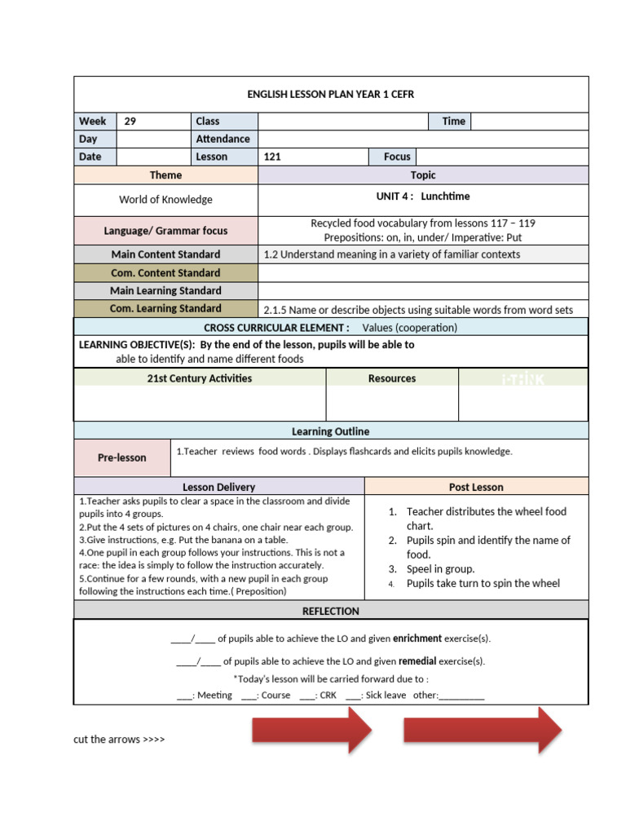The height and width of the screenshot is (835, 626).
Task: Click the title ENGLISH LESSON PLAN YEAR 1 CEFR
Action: pyautogui.click(x=330, y=95)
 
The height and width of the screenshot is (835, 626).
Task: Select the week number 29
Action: pyautogui.click(x=130, y=121)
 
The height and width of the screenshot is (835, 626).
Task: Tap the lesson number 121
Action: pyautogui.click(x=273, y=157)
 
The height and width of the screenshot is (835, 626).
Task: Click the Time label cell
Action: pyautogui.click(x=453, y=121)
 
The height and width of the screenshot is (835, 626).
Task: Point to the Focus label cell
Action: pyautogui.click(x=397, y=157)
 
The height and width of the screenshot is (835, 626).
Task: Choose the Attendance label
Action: pyautogui.click(x=223, y=139)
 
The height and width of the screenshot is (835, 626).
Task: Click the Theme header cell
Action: pyautogui.click(x=165, y=175)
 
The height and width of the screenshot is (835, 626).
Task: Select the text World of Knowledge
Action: pyautogui.click(x=165, y=200)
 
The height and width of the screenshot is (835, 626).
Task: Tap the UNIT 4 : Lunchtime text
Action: pyautogui.click(x=422, y=197)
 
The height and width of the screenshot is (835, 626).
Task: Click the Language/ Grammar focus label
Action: pyautogui.click(x=165, y=231)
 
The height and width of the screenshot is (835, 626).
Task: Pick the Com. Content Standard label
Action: pyautogui.click(x=165, y=273)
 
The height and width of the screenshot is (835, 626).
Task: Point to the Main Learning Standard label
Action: pyautogui.click(x=165, y=291)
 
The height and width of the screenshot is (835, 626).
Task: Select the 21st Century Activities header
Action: pyautogui.click(x=200, y=378)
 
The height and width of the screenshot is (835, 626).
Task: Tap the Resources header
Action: pyautogui.click(x=392, y=378)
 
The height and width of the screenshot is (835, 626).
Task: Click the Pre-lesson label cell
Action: pyautogui.click(x=122, y=458)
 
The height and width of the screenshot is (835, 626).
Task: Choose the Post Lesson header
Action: pyautogui.click(x=476, y=487)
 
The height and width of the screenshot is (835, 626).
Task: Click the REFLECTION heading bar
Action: pyautogui.click(x=330, y=611)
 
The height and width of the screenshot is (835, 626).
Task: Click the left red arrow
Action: pyautogui.click(x=313, y=730)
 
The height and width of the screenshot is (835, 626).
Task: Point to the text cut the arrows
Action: pyautogui.click(x=119, y=740)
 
